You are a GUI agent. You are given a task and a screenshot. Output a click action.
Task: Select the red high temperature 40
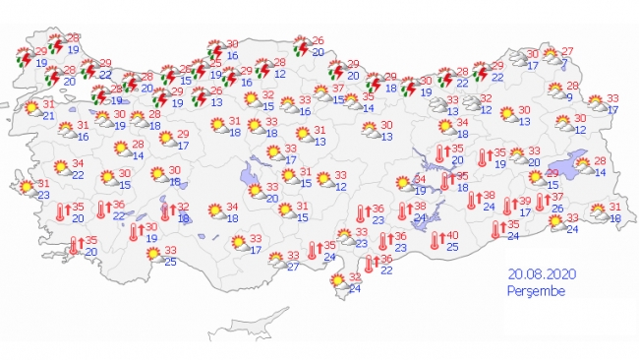pos(453,236)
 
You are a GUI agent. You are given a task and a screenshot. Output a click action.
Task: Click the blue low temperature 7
pos(563,64)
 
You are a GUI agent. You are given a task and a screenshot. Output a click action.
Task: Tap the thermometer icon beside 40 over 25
pos(436,241)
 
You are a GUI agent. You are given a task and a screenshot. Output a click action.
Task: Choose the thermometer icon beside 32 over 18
pos(164,212)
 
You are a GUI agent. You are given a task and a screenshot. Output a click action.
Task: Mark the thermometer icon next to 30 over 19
pos(134,232)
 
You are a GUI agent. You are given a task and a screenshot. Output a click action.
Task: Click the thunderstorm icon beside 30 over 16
pos(216,50)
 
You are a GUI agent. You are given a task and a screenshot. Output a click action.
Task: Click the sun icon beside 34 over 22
pos(56,168)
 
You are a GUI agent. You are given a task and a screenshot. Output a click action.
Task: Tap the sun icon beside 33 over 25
pos(153,255)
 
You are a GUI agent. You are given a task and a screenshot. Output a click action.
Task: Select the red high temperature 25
pos(187,68)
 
